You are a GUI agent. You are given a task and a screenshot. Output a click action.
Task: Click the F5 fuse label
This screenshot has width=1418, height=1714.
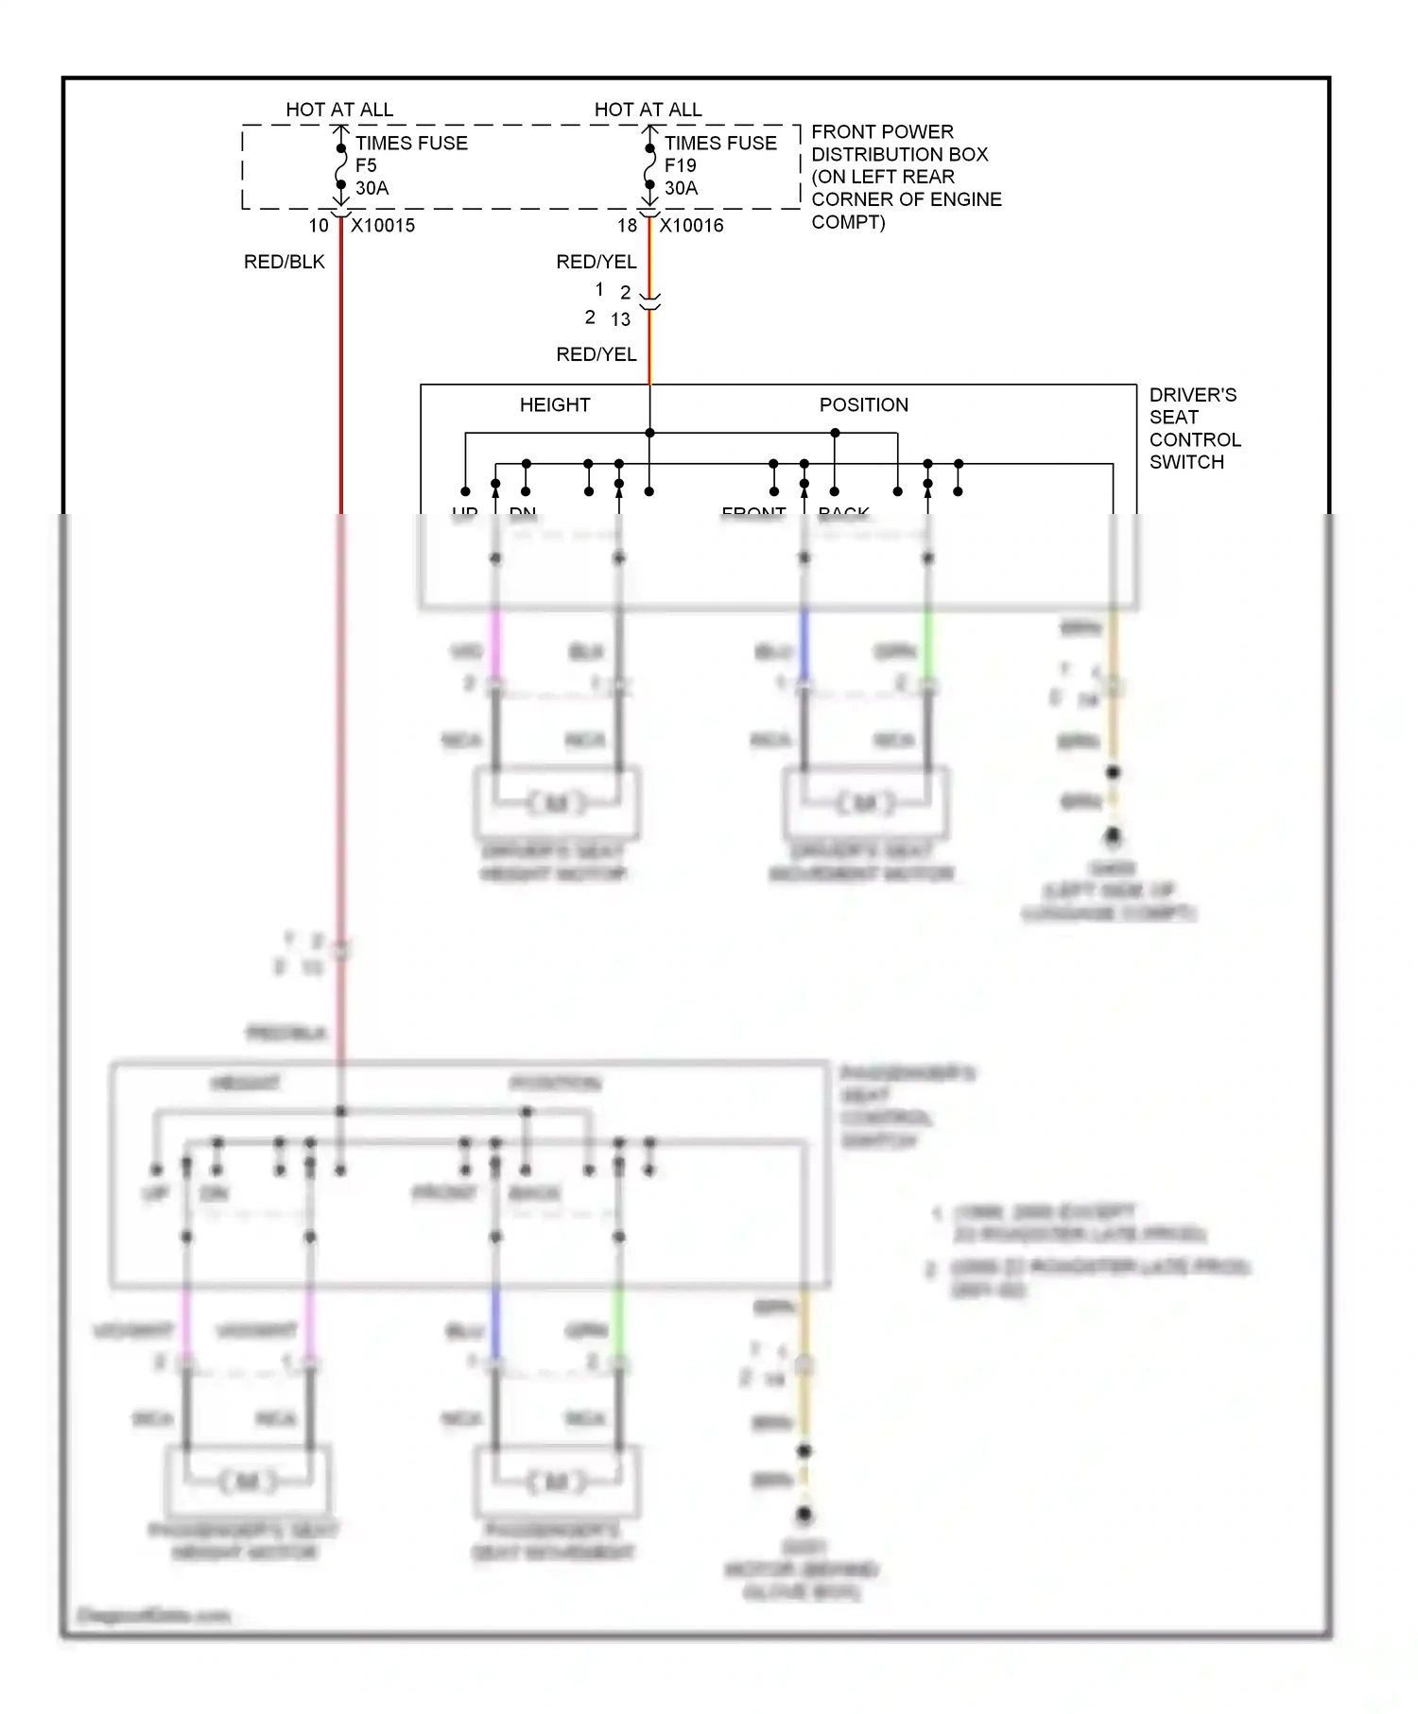click(366, 165)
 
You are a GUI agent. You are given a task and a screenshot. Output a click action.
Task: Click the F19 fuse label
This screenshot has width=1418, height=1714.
click(680, 165)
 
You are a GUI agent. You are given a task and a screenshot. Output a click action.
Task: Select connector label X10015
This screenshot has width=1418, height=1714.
click(383, 226)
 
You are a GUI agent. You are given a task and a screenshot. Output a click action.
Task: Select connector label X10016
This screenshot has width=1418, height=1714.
click(691, 226)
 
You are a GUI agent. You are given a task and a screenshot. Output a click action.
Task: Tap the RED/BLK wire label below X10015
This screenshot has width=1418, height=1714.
click(284, 262)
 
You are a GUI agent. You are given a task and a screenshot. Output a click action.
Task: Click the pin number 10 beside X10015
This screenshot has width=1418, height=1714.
click(319, 226)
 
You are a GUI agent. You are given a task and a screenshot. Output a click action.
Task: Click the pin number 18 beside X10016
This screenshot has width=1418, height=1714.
click(627, 226)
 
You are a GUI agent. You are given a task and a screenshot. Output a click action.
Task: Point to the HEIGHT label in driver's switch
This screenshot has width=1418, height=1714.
click(555, 405)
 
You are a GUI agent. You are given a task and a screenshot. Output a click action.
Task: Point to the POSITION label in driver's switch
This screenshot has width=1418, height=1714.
click(863, 405)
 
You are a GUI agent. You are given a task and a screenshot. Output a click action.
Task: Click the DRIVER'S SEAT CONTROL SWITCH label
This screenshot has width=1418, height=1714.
click(1194, 428)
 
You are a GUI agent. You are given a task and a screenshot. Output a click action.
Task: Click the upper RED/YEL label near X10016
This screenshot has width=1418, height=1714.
click(596, 262)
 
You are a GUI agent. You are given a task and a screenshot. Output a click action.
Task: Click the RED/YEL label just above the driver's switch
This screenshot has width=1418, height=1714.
click(596, 354)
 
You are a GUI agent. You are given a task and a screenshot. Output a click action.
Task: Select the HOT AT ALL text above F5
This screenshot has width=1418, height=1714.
click(339, 110)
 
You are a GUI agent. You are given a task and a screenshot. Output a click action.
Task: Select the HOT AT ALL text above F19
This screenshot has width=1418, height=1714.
click(648, 110)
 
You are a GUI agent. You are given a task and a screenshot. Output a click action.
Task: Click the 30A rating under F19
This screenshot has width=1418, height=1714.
click(681, 188)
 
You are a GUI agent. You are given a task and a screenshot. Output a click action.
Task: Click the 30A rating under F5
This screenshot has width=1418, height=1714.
click(372, 188)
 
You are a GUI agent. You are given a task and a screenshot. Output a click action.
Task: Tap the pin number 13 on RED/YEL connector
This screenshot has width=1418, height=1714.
click(620, 319)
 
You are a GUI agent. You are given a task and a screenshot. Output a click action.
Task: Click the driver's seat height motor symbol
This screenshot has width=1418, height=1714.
click(557, 803)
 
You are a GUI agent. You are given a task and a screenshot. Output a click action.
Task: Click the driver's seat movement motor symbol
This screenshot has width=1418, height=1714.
click(865, 803)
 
